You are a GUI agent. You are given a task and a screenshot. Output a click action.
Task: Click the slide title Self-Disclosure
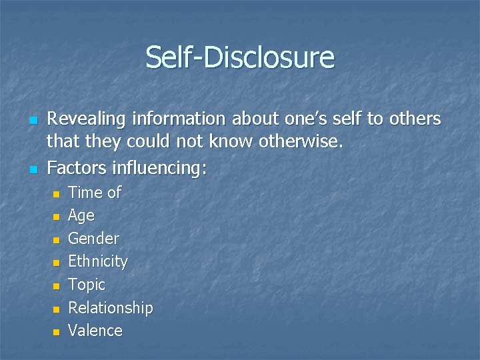[240, 57]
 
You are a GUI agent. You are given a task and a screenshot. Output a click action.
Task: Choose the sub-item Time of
[95, 193]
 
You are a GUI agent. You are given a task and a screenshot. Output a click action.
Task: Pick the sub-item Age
[81, 216]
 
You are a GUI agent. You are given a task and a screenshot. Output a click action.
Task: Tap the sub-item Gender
[94, 239]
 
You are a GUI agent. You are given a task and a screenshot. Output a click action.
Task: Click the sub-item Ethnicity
[98, 261]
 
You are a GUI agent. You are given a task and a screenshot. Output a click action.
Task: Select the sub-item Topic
[87, 285]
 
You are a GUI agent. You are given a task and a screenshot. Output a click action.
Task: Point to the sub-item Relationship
[111, 308]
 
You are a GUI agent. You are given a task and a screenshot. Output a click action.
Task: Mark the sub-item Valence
[95, 331]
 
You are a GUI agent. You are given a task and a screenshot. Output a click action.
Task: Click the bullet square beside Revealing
[31, 121]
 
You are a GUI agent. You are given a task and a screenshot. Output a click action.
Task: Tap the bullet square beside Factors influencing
[31, 169]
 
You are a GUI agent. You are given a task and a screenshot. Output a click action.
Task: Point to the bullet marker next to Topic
[57, 286]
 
